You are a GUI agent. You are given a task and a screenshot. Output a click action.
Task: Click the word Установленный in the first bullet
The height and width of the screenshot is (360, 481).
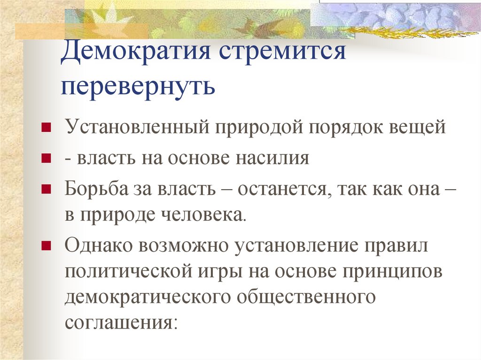[x=137, y=126]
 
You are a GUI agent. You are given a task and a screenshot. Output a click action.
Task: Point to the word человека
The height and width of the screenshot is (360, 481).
[x=204, y=215]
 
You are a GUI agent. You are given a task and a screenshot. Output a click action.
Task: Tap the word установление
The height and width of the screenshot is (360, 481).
[x=296, y=246]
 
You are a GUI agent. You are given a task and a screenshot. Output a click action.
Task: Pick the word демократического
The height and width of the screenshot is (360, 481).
[x=147, y=297]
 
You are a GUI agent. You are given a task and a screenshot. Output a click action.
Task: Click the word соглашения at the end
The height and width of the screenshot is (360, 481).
[x=121, y=322]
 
